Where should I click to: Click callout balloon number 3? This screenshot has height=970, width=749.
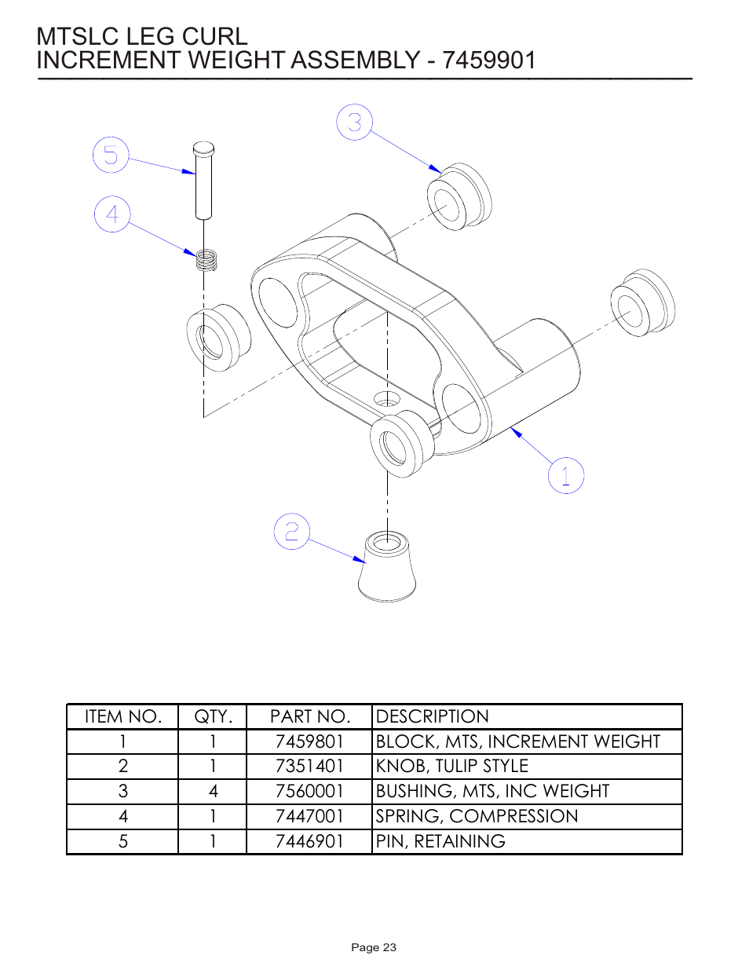354,123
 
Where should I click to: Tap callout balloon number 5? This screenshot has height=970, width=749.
111,155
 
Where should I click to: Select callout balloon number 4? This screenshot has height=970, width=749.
112,214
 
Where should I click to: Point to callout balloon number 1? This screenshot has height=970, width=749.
565,475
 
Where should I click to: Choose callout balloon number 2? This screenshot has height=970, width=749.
291,532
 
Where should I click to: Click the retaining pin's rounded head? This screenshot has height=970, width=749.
203,148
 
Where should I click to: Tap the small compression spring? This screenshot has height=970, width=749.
206,259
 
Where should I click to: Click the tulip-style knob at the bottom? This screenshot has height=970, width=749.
386,567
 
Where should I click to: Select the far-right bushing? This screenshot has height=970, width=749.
642,304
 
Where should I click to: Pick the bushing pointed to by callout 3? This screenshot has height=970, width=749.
459,197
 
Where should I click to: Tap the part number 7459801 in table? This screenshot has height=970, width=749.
309,741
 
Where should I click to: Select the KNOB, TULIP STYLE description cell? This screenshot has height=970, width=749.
452,767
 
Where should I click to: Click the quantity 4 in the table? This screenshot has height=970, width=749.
213,792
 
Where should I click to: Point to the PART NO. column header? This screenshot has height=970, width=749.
309,716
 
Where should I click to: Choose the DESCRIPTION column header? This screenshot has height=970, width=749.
433,716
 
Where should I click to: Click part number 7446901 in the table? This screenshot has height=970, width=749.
309,841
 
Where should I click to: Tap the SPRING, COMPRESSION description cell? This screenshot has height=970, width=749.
477,817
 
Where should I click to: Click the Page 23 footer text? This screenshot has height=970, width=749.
374,947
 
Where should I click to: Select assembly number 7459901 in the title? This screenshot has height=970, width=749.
489,60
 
